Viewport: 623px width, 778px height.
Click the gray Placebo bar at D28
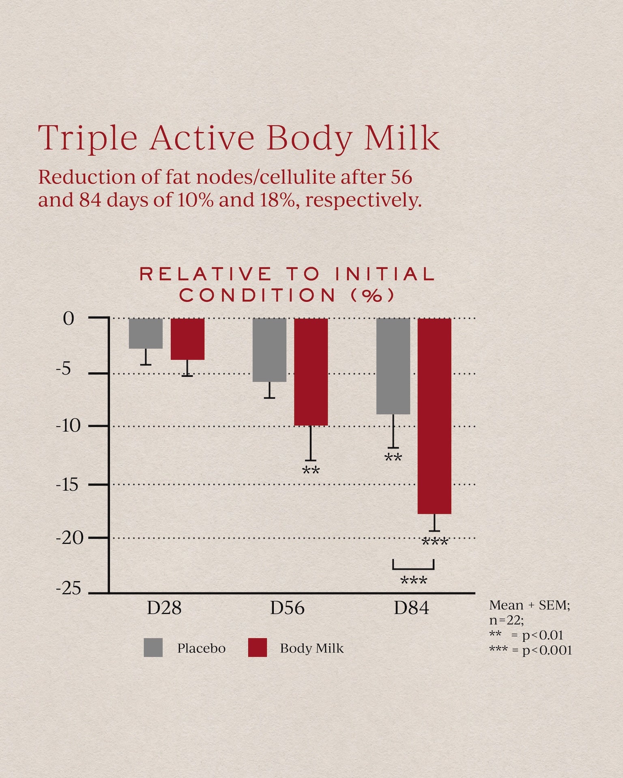(146, 333)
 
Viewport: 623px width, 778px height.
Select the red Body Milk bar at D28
(187, 339)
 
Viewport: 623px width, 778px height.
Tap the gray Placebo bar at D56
(269, 350)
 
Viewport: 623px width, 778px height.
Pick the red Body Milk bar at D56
(311, 372)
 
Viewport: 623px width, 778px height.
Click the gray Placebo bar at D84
(393, 366)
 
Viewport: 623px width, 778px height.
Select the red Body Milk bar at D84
(434, 416)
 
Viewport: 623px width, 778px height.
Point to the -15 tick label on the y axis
(67, 484)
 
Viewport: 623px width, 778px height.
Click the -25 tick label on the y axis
(68, 589)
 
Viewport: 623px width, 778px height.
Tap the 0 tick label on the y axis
(69, 319)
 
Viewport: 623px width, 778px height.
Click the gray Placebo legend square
(153, 648)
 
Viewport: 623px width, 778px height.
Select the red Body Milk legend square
(258, 648)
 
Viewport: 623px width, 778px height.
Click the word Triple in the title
(88, 139)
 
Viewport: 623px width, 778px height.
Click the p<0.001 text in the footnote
(547, 650)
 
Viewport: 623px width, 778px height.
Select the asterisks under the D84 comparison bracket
(414, 581)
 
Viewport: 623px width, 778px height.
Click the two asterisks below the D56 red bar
(311, 471)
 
